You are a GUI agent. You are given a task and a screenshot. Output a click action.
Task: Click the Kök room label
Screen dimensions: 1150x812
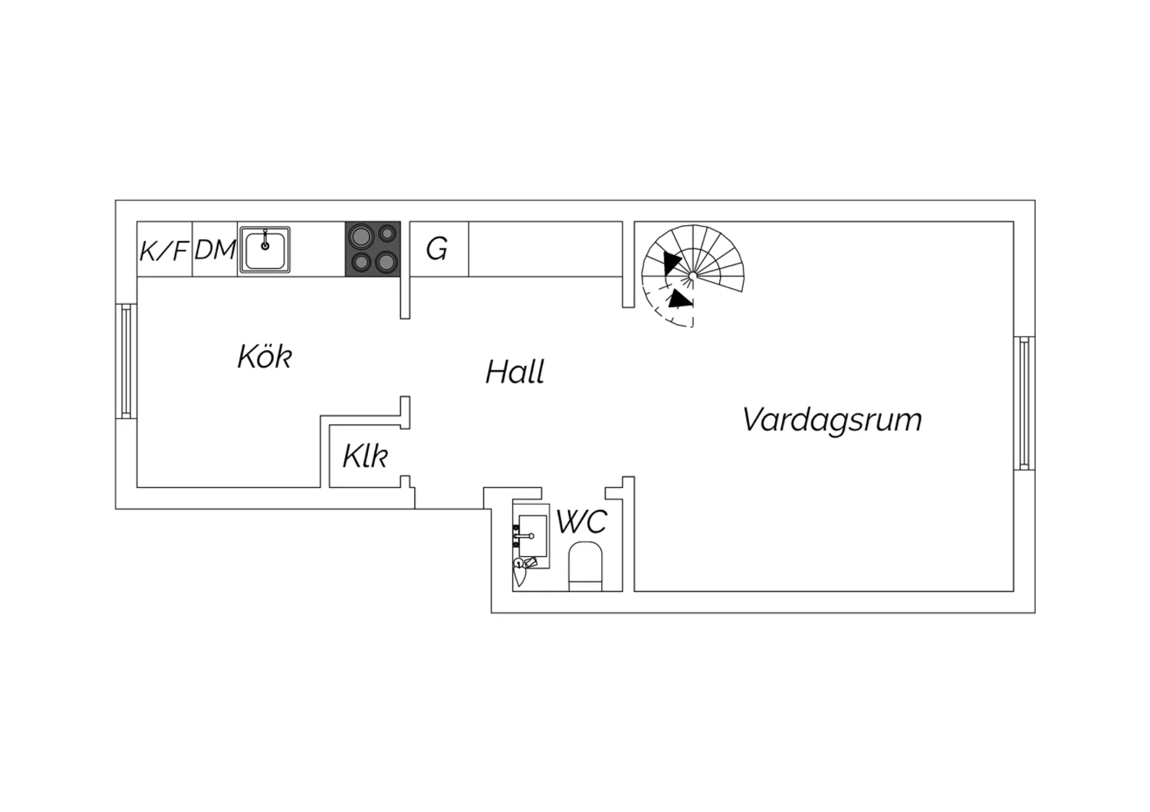pyautogui.click(x=264, y=356)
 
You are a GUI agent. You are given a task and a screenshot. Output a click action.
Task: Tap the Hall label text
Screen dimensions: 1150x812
pyautogui.click(x=514, y=372)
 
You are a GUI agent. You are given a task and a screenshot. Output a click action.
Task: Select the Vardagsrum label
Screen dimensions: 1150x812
pyautogui.click(x=832, y=420)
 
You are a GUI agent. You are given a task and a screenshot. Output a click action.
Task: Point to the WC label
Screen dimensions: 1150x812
pyautogui.click(x=582, y=522)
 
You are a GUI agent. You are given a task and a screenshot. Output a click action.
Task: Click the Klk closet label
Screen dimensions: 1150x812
pyautogui.click(x=365, y=456)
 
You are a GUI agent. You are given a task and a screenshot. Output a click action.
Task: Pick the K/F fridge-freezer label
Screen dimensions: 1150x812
pyautogui.click(x=164, y=250)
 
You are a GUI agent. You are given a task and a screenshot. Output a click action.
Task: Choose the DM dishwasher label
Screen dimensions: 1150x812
pyautogui.click(x=215, y=250)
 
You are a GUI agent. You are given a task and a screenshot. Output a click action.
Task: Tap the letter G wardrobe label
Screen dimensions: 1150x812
pyautogui.click(x=437, y=249)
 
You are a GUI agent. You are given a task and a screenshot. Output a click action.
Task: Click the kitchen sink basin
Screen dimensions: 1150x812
pyautogui.click(x=265, y=250)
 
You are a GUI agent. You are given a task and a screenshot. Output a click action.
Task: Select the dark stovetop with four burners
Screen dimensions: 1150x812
pyautogui.click(x=373, y=249)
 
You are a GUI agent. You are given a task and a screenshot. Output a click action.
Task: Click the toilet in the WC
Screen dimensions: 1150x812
pyautogui.click(x=585, y=567)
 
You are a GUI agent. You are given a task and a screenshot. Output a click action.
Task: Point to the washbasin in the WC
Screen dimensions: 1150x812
pyautogui.click(x=532, y=536)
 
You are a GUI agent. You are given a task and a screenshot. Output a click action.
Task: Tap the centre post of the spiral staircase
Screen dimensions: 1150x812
pyautogui.click(x=692, y=276)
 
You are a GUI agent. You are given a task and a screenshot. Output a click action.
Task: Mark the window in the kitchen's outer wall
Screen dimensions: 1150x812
pyautogui.click(x=127, y=361)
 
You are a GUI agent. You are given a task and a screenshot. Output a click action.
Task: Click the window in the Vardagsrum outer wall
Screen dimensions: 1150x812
pyautogui.click(x=1024, y=403)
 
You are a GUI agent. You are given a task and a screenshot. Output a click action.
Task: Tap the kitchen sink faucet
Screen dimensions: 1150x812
pyautogui.click(x=265, y=239)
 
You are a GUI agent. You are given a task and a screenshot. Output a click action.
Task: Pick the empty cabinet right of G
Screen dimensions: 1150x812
pyautogui.click(x=545, y=249)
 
